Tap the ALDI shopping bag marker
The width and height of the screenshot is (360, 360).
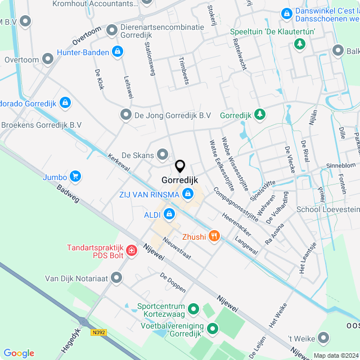coord(169,214)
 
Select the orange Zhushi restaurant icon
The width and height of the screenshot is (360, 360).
coord(214,236)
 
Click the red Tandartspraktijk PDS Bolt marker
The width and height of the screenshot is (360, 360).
coord(131,249)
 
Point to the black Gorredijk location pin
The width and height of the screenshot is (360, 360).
coord(180,166)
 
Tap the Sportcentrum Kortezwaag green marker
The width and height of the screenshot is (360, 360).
coord(193,308)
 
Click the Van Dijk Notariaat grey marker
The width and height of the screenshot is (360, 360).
coord(116,277)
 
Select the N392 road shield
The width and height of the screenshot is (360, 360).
coord(98,332)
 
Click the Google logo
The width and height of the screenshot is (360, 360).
coord(19,353)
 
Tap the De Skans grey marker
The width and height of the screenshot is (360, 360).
coord(163,154)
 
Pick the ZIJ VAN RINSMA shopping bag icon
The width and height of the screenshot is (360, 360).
coord(188,194)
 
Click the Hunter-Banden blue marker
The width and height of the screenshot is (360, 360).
coord(117,52)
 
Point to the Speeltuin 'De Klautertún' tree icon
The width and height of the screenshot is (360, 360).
coord(300,43)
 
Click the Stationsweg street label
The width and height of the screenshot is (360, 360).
coord(150,57)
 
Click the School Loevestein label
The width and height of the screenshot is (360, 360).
coord(327,209)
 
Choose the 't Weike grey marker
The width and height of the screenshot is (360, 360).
coord(323,337)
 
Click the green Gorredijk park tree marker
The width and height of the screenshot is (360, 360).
coord(259,115)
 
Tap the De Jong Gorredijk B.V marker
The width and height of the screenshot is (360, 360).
coord(125,115)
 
